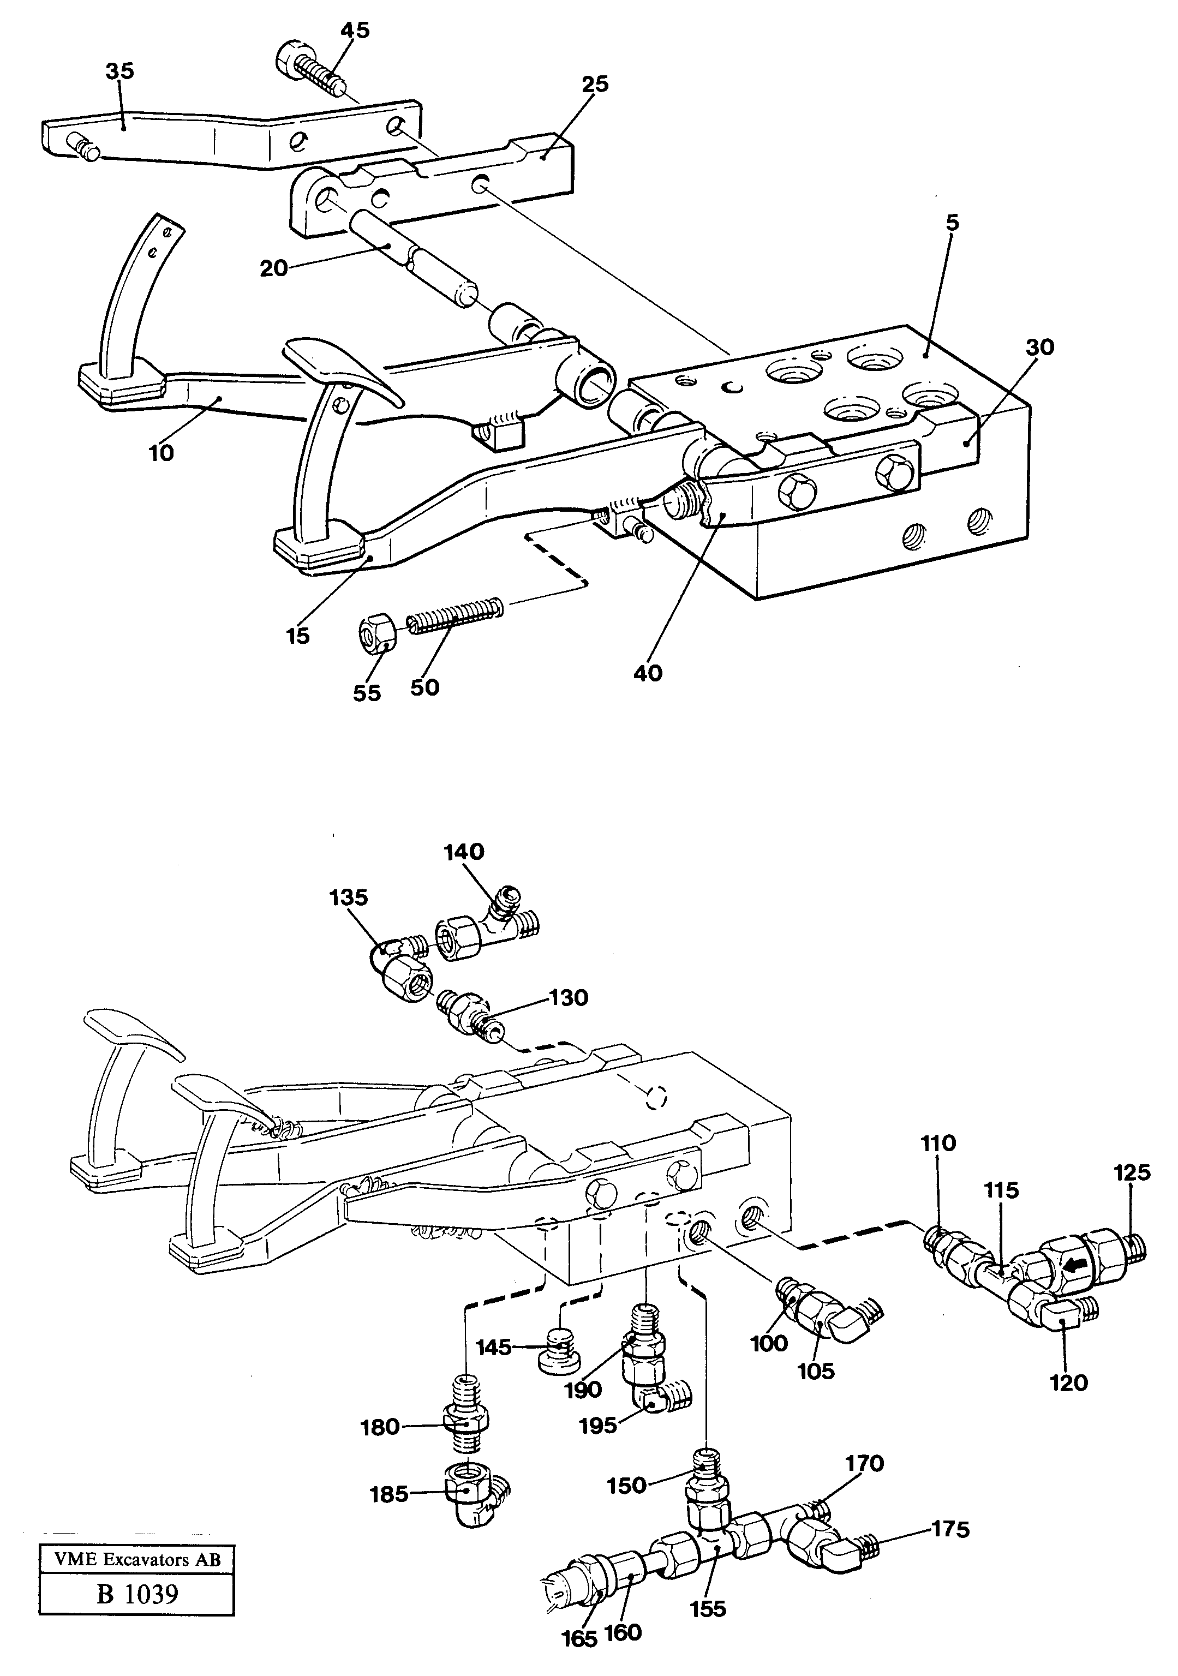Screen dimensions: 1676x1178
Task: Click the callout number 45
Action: (x=354, y=30)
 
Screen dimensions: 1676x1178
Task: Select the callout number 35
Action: (x=119, y=71)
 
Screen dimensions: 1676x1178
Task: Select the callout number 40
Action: (x=648, y=672)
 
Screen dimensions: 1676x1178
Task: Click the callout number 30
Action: (x=1039, y=348)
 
